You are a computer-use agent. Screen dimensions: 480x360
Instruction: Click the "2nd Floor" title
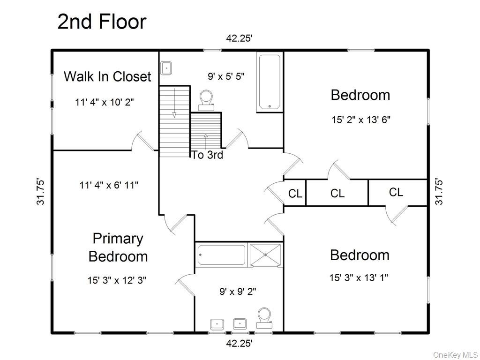[102, 22]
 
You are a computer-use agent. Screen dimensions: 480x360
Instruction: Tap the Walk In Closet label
[107, 76]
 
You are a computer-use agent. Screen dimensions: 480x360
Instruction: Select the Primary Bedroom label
[118, 247]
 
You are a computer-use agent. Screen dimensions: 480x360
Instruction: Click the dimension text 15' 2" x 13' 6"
[361, 120]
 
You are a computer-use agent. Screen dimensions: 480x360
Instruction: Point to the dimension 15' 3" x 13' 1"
[359, 277]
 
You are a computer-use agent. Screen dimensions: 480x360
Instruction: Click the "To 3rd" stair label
[207, 155]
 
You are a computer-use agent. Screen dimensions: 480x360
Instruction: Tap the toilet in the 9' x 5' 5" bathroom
[206, 100]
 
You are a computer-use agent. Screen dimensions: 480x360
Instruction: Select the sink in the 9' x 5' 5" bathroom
[166, 67]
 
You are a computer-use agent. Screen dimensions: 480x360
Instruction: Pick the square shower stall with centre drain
[265, 255]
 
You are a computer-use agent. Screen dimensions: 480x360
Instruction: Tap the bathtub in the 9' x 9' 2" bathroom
[222, 255]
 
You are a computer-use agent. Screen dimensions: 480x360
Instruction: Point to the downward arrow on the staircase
[174, 103]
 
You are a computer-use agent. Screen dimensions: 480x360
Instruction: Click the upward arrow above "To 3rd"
[206, 142]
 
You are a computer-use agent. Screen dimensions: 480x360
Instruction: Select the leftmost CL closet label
[295, 194]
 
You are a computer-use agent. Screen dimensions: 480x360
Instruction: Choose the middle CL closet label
[337, 194]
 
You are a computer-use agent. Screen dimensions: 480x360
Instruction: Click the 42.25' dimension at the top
[240, 38]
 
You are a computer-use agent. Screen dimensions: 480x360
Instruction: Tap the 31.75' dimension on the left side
[41, 192]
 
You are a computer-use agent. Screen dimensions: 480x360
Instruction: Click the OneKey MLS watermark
[456, 355]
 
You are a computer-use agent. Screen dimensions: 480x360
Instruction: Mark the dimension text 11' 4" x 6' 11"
[109, 185]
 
